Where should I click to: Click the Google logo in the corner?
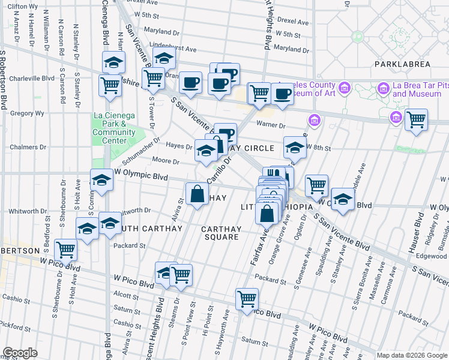point(20,352)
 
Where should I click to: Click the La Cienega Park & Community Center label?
point(114,128)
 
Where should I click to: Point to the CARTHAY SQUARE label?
point(221,233)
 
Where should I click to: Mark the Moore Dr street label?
point(166,161)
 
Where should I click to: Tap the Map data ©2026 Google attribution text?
point(412,355)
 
